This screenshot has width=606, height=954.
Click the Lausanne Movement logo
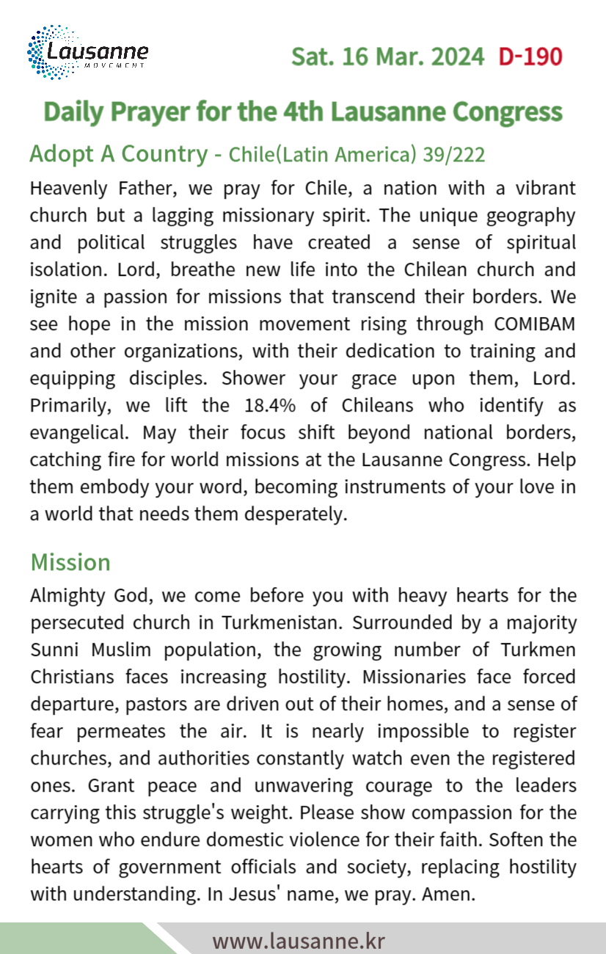coord(87,53)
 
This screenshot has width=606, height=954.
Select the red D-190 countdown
coord(530,57)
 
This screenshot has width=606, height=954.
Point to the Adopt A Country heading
coord(118,154)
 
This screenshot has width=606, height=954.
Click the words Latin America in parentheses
coord(338,155)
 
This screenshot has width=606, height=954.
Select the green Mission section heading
coord(70,562)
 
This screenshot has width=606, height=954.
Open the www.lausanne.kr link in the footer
coord(299,940)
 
